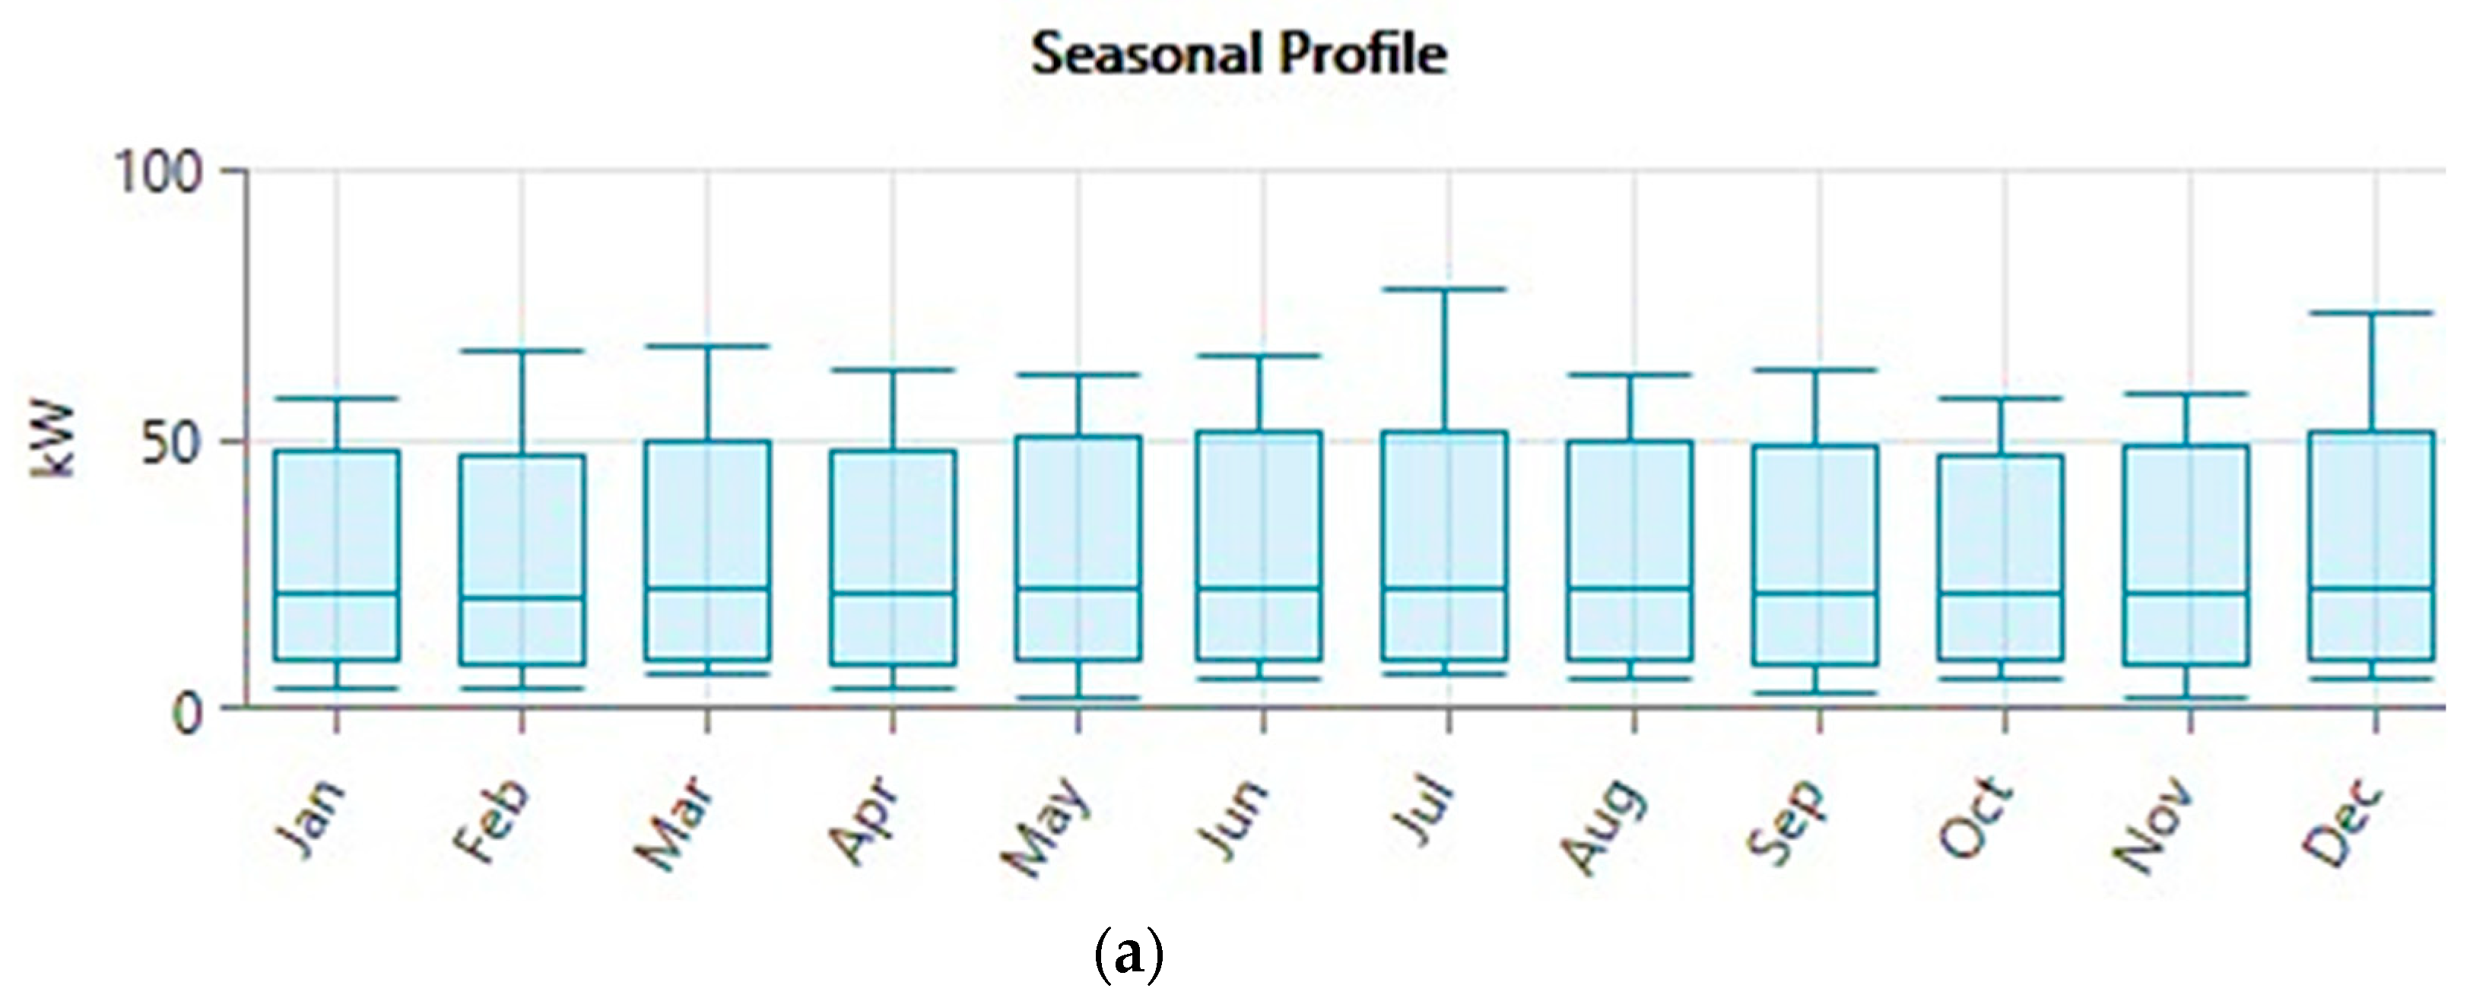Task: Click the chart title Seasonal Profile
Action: point(1239,55)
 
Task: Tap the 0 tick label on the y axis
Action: point(187,714)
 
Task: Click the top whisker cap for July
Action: point(1449,289)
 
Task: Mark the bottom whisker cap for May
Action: point(1078,698)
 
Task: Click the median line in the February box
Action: point(522,597)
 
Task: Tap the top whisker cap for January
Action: point(337,398)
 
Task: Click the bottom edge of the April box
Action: point(893,664)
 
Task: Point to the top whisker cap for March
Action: point(707,346)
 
